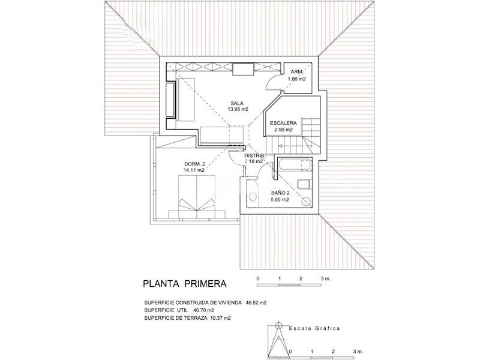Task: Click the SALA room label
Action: (x=237, y=103)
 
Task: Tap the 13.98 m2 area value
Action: (x=238, y=109)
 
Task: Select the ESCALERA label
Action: (x=283, y=123)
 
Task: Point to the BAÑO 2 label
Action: (x=280, y=193)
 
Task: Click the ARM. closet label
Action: (x=297, y=72)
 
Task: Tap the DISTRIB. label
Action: (x=254, y=155)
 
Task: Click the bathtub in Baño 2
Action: (x=295, y=164)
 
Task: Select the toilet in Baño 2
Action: (x=304, y=184)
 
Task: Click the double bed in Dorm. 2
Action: (x=196, y=197)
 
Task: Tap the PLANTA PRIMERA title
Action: (x=185, y=284)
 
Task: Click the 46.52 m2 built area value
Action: (x=256, y=303)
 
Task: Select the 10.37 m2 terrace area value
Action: (x=220, y=318)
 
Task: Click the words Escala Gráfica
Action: (x=314, y=328)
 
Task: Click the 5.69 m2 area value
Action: (x=280, y=200)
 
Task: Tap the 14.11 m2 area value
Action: (x=194, y=170)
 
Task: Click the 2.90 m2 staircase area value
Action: (x=283, y=130)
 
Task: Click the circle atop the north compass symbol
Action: (x=278, y=325)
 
